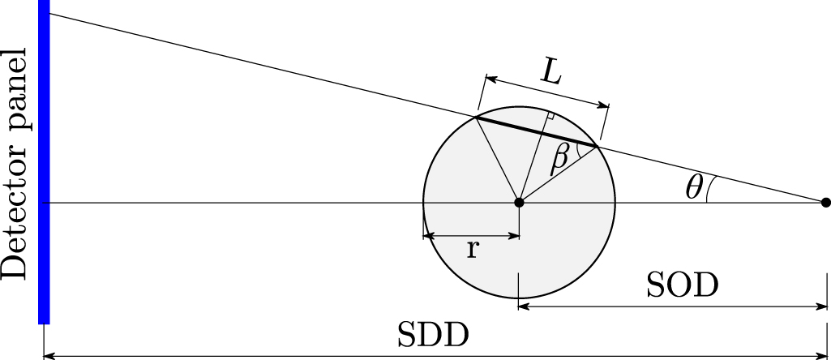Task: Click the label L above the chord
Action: [551, 74]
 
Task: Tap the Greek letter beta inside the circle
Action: [559, 158]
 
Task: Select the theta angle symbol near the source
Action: [693, 188]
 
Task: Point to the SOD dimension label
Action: [683, 285]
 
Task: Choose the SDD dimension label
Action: [435, 335]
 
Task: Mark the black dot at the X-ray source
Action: [825, 202]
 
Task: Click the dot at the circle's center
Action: [519, 202]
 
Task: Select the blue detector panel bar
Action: [45, 162]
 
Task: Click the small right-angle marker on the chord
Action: [550, 117]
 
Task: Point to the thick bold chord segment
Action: [536, 132]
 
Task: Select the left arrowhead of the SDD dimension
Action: [48, 354]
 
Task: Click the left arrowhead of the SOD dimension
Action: [524, 306]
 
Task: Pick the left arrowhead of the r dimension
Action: [428, 237]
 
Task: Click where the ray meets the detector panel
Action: [49, 15]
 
